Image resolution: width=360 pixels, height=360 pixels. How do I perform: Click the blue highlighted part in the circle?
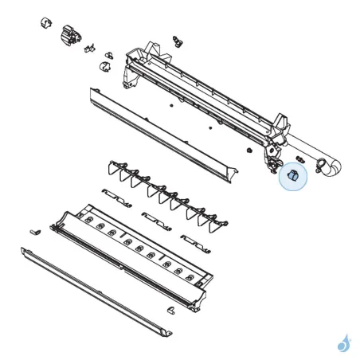(292, 178)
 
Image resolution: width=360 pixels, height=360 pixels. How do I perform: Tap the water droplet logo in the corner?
(344, 342)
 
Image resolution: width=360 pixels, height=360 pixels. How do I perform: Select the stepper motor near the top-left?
(69, 33)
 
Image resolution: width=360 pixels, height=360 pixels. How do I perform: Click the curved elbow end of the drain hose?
(333, 166)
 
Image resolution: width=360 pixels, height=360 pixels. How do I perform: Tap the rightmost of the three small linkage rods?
(194, 239)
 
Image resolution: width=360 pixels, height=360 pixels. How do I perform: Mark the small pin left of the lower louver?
(34, 230)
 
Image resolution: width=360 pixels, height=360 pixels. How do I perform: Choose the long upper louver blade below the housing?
(159, 131)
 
